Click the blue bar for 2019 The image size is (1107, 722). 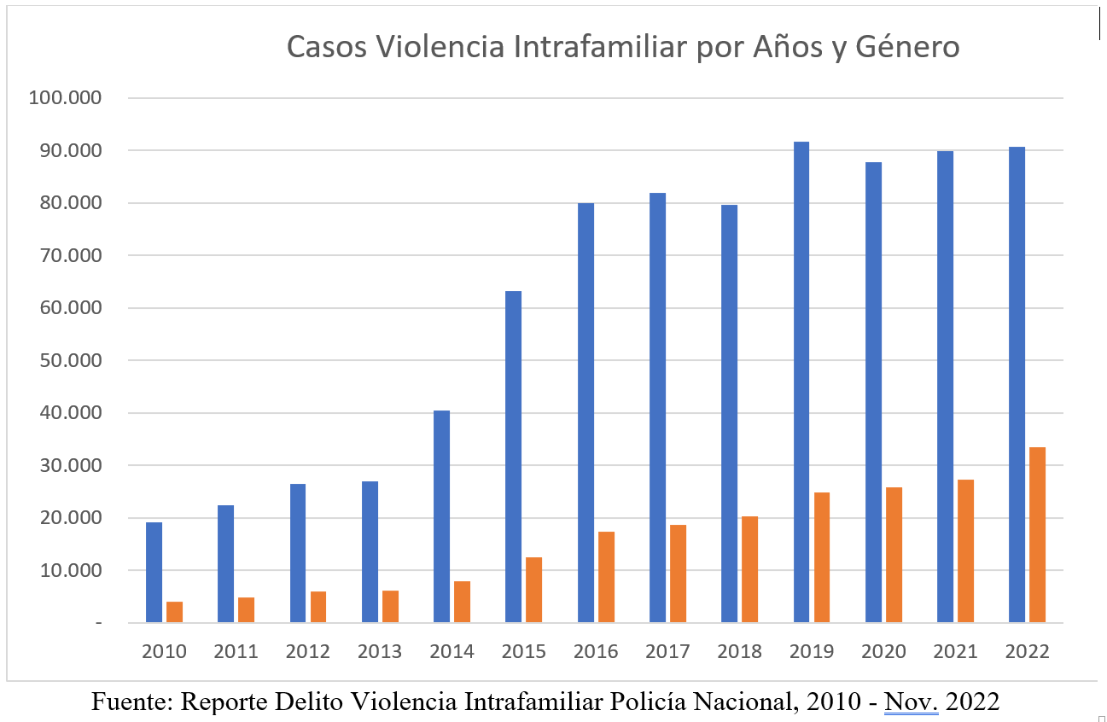pyautogui.click(x=801, y=381)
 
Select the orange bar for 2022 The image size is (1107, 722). pyautogui.click(x=1037, y=534)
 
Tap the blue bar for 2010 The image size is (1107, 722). pyautogui.click(x=154, y=572)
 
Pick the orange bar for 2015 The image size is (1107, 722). pyautogui.click(x=533, y=590)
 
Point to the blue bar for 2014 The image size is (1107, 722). pyautogui.click(x=442, y=516)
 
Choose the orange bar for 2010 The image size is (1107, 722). pyautogui.click(x=174, y=612)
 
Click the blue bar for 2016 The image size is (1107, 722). pyautogui.click(x=586, y=412)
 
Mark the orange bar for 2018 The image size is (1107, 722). pyautogui.click(x=749, y=569)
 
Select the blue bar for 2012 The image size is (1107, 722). pyautogui.click(x=298, y=553)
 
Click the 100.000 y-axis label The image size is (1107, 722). pyautogui.click(x=65, y=98)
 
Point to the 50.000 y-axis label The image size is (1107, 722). pyautogui.click(x=68, y=361)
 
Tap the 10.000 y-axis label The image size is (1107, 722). pyautogui.click(x=68, y=571)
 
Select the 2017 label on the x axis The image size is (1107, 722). pyautogui.click(x=667, y=652)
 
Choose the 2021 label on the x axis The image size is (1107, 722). pyautogui.click(x=955, y=652)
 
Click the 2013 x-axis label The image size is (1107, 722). pyautogui.click(x=380, y=652)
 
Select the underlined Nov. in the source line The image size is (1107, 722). pyautogui.click(x=911, y=702)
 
